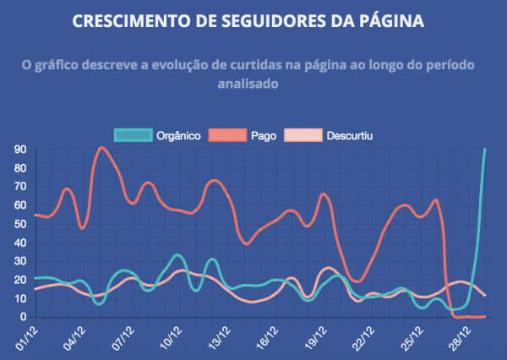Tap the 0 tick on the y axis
click(22, 317)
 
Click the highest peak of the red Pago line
click(101, 148)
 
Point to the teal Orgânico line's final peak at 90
click(485, 150)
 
